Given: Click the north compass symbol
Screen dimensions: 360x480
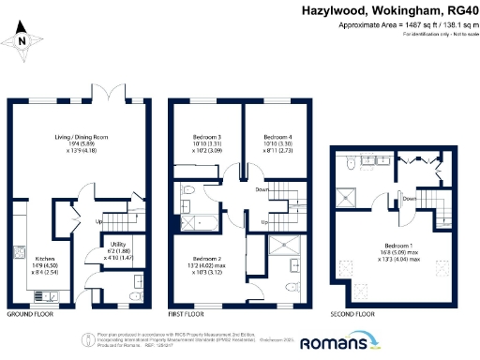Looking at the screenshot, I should (x=24, y=40).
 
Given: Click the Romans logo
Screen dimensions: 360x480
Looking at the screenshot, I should (x=344, y=344).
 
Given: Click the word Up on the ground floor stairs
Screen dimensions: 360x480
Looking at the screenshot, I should (x=100, y=223).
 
